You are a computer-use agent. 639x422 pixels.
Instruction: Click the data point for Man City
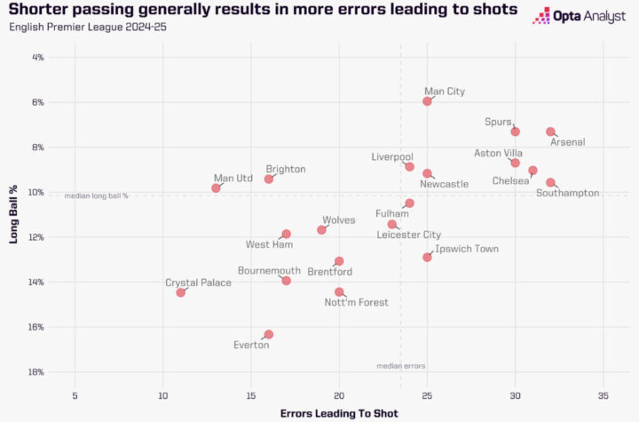pos(427,101)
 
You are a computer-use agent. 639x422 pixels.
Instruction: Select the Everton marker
pos(269,335)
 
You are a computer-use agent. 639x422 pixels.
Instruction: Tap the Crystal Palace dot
pos(181,292)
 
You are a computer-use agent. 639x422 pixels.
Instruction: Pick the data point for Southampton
pos(550,182)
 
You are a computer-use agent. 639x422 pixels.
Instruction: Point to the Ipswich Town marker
pos(427,257)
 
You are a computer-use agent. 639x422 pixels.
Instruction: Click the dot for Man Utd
pos(216,188)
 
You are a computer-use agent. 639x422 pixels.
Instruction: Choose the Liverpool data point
pos(409,166)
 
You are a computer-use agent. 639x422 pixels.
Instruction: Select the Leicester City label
pos(408,235)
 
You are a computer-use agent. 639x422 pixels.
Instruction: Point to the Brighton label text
pos(286,169)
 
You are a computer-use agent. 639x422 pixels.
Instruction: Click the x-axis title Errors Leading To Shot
pos(339,413)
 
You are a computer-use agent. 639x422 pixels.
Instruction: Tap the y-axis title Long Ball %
pos(14,212)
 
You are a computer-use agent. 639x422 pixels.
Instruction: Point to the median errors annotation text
pos(401,366)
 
